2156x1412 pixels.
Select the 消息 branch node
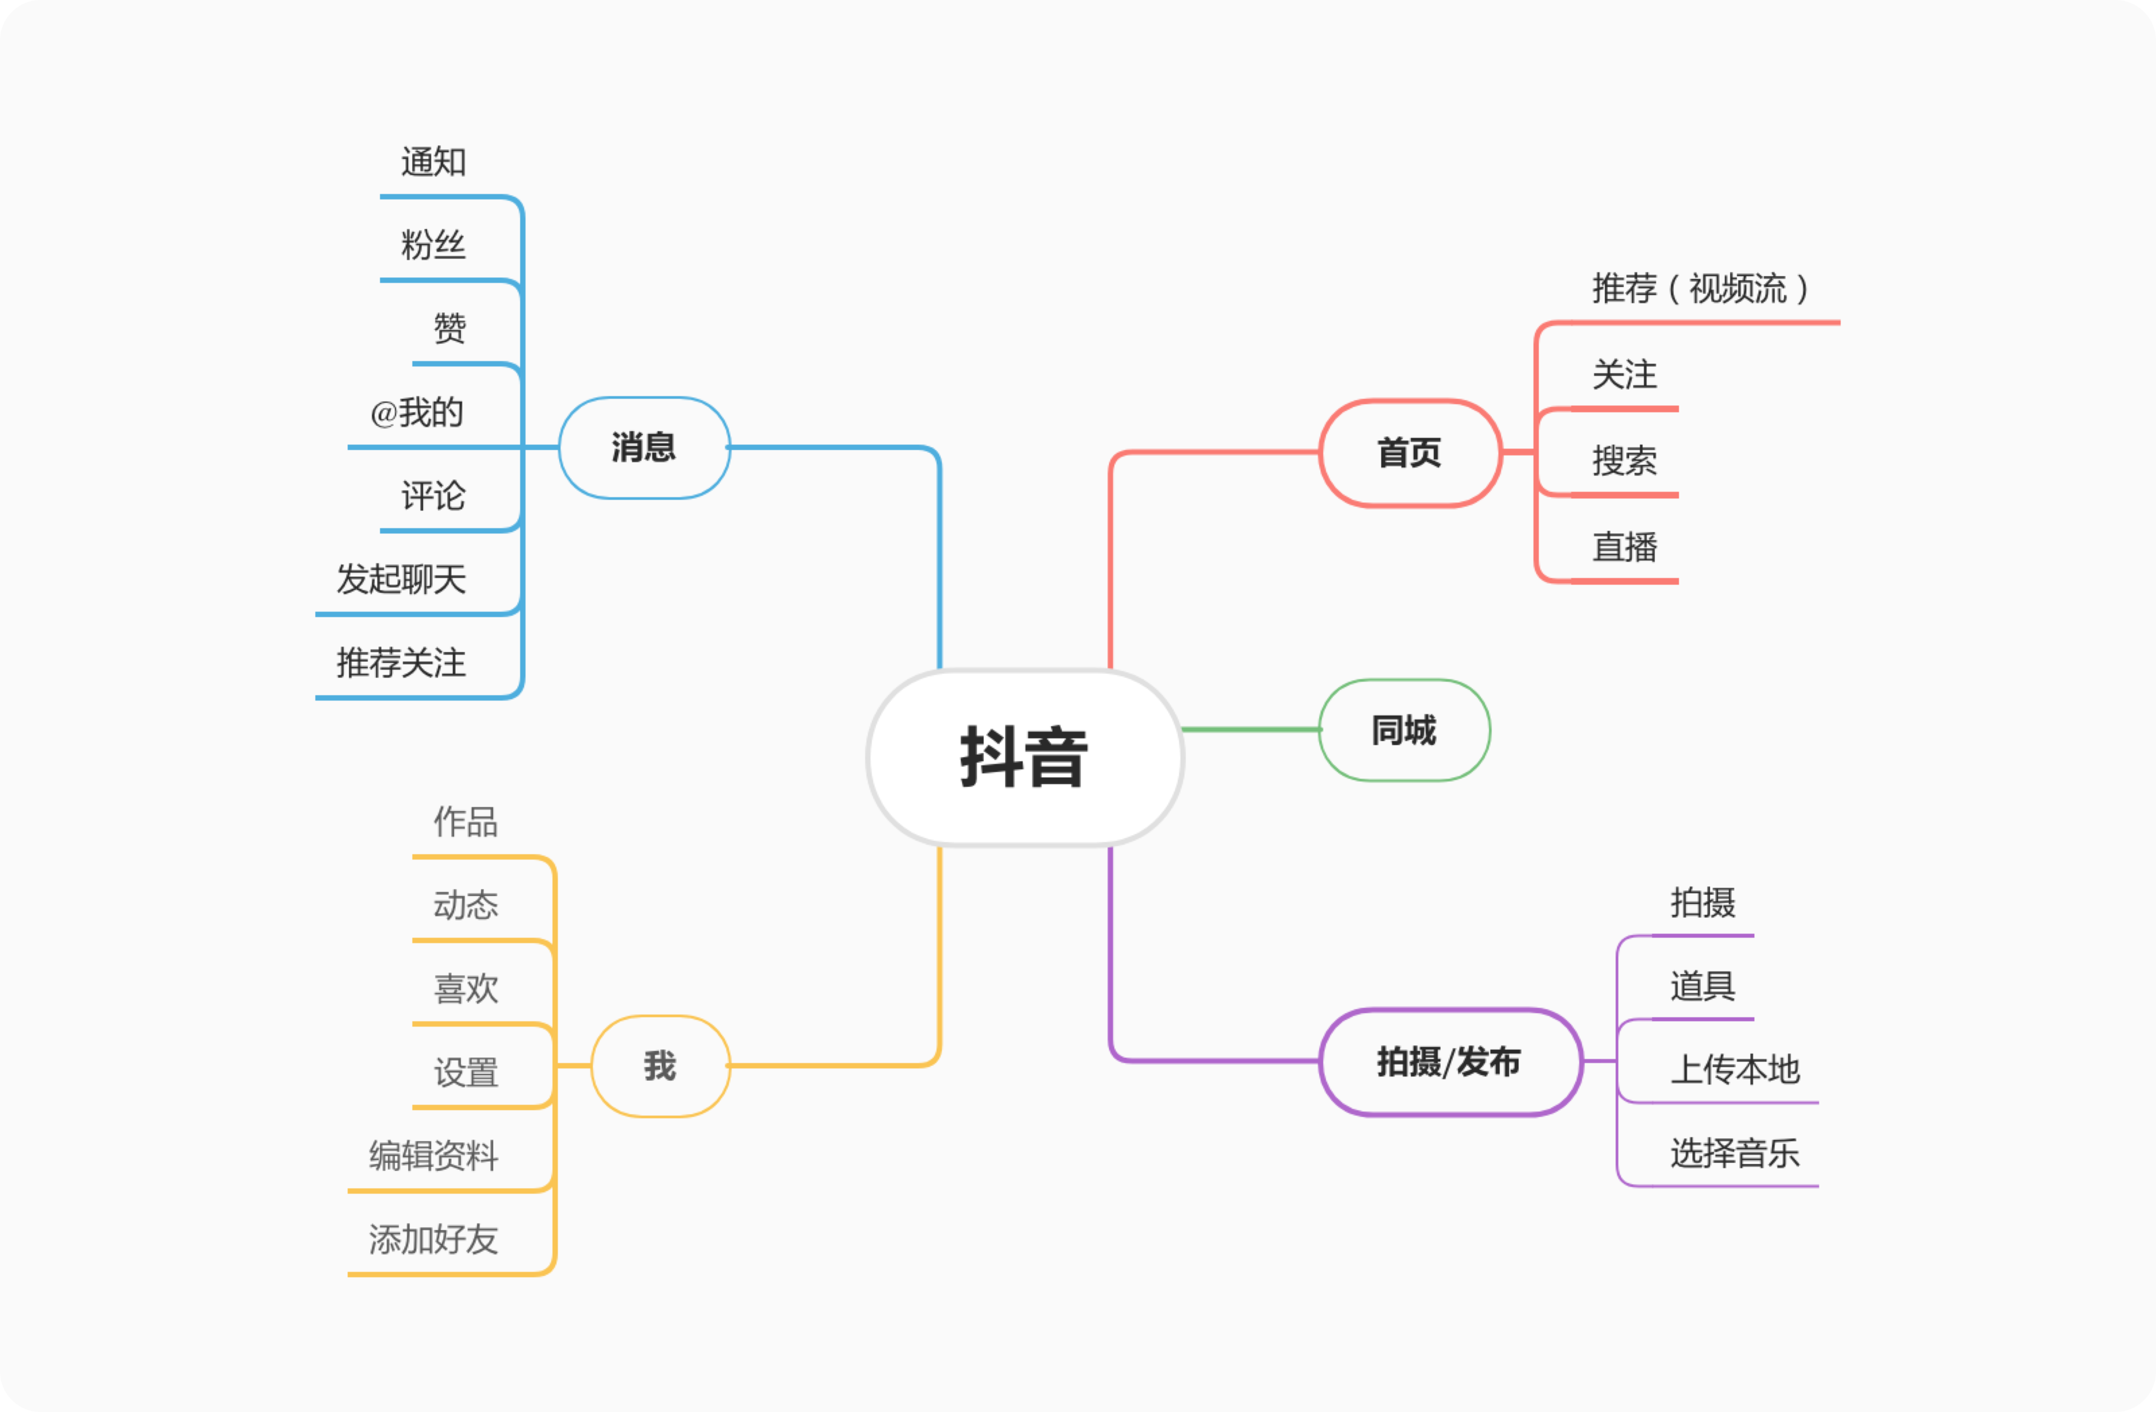[x=644, y=447]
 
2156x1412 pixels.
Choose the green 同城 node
[x=1404, y=730]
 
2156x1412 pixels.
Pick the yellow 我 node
[x=660, y=1066]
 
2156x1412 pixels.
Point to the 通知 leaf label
[x=433, y=162]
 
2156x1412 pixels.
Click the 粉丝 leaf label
[x=433, y=245]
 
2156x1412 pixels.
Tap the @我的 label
[x=417, y=413]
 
